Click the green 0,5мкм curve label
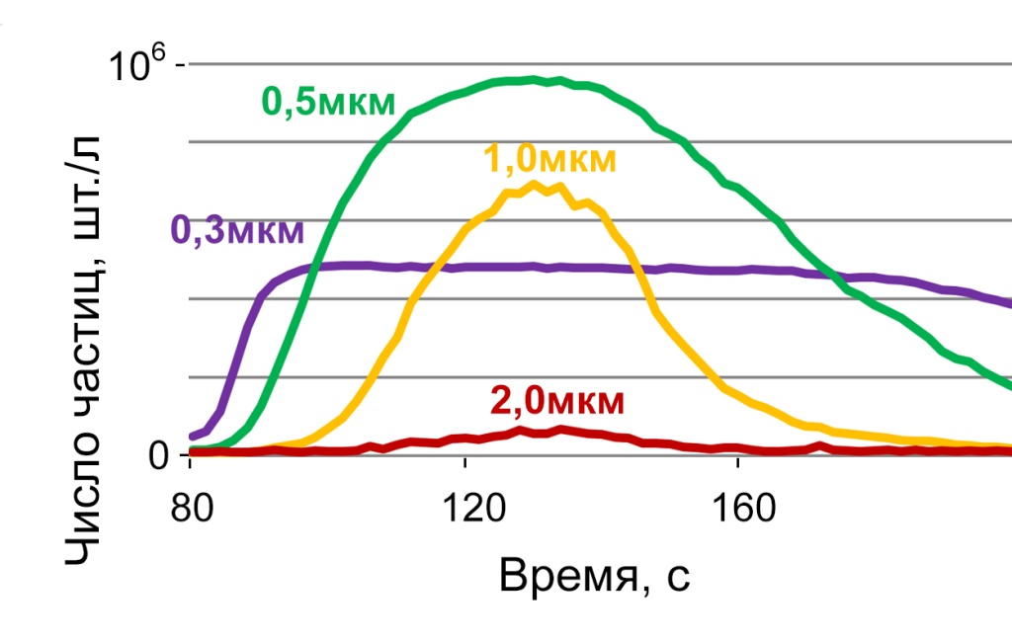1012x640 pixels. [328, 102]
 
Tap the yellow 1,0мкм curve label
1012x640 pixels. [549, 159]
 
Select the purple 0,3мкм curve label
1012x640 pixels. [238, 230]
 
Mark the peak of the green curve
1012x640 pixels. [534, 79]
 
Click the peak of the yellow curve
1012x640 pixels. [536, 184]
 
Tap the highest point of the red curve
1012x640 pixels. [561, 429]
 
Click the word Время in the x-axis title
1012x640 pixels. [564, 575]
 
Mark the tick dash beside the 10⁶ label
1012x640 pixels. [181, 64]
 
